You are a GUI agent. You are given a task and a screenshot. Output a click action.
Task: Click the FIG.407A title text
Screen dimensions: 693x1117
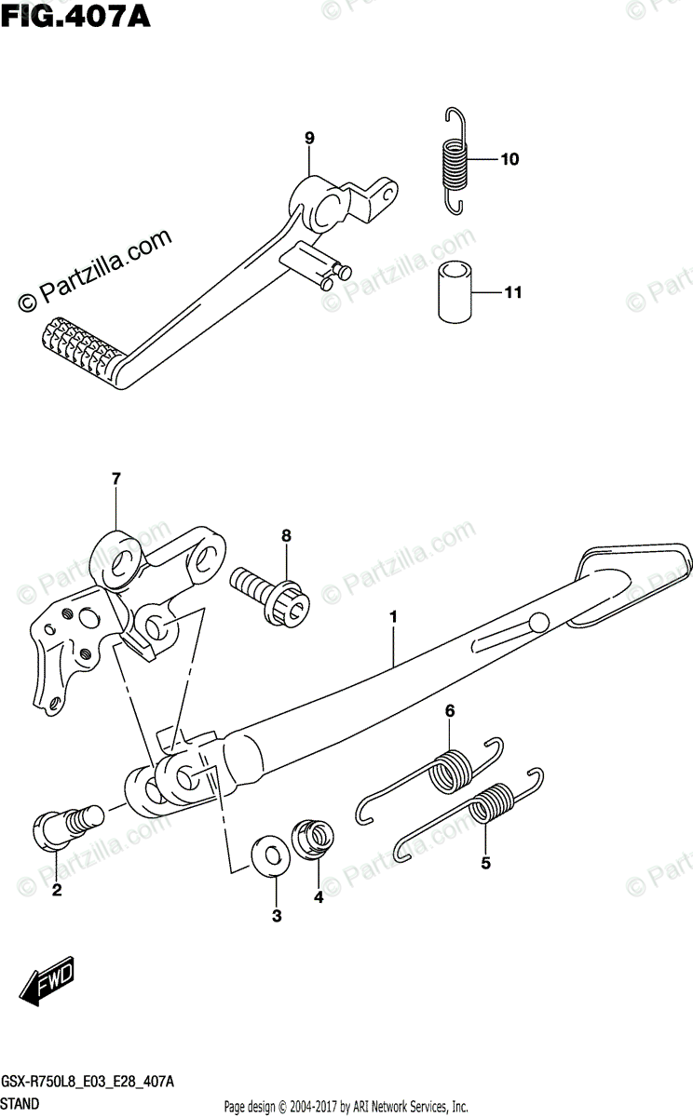[x=62, y=16]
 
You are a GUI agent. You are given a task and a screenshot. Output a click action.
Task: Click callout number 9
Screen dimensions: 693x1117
[x=309, y=139]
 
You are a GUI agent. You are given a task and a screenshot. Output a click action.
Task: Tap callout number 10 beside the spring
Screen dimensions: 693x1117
[x=510, y=160]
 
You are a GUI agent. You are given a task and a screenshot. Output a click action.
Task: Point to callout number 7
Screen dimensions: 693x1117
[x=115, y=479]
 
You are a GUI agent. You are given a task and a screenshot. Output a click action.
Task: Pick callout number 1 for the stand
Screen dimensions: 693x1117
[x=394, y=617]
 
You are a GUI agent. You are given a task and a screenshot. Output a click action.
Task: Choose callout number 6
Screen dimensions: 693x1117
[x=449, y=711]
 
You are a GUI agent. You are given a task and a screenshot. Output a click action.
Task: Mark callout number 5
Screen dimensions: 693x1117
[x=485, y=863]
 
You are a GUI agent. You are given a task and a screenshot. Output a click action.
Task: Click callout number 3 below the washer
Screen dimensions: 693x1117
[x=277, y=917]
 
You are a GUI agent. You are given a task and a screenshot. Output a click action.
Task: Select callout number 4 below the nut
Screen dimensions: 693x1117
[x=318, y=897]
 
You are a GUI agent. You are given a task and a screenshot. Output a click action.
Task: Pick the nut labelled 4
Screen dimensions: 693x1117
[x=314, y=839]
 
